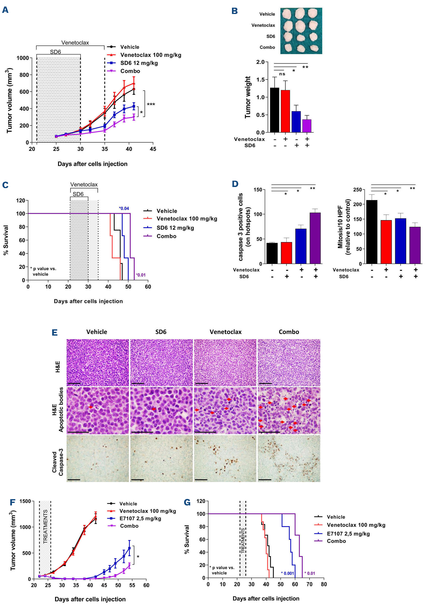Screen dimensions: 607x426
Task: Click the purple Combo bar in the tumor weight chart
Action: (x=307, y=126)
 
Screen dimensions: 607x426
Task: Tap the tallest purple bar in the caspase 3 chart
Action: (x=315, y=238)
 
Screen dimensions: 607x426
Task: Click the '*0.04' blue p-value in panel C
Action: (x=124, y=208)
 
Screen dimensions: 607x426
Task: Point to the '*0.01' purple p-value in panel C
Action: (x=141, y=275)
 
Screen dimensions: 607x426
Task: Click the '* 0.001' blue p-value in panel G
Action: (x=287, y=573)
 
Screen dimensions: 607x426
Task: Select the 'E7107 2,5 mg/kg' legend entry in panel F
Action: (x=140, y=518)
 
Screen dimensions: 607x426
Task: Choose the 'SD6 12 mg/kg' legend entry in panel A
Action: (x=139, y=63)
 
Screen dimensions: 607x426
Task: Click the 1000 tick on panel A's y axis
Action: (x=23, y=58)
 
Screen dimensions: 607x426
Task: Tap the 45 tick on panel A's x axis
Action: (x=153, y=149)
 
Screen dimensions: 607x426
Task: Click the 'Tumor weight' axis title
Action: (x=248, y=97)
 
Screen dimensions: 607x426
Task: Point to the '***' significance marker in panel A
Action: (x=151, y=104)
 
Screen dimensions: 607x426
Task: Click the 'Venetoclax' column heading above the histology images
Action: (x=226, y=332)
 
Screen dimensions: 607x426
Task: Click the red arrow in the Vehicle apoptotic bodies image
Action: (x=91, y=407)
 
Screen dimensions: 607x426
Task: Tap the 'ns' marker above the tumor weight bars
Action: (x=282, y=74)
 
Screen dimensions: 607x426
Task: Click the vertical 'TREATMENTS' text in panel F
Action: (x=45, y=526)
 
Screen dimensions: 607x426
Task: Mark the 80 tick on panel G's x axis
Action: (x=324, y=584)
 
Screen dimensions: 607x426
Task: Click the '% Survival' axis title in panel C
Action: (x=6, y=240)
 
